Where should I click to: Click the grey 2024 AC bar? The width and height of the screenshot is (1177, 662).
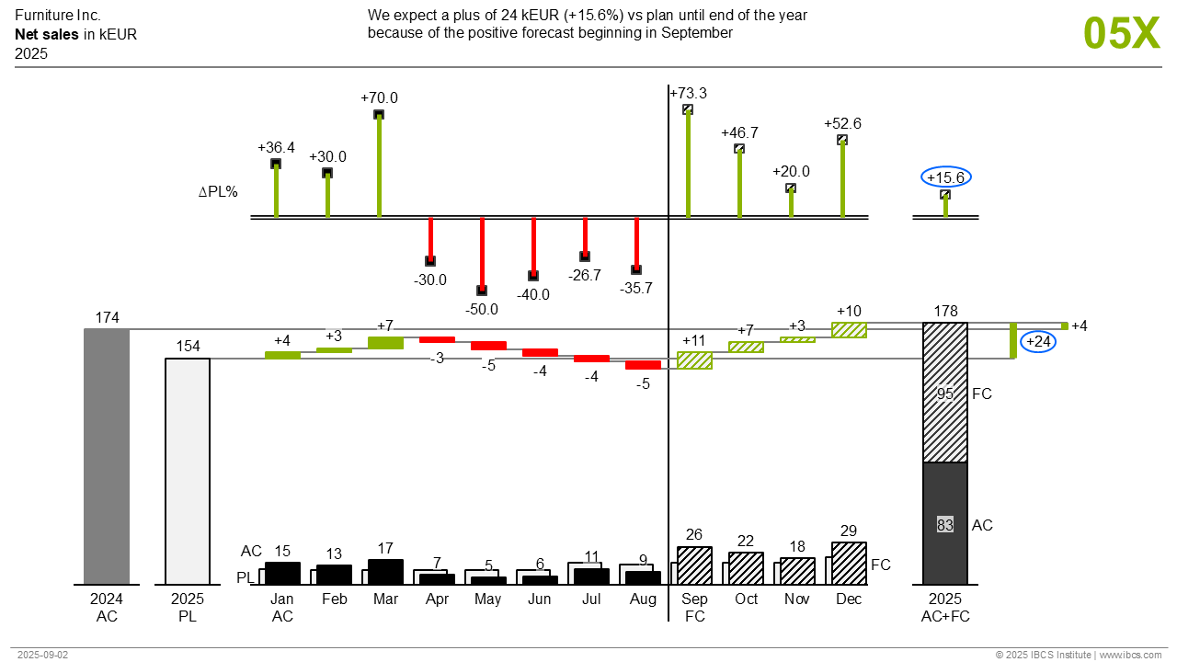(107, 456)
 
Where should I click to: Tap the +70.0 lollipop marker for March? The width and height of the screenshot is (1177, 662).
(379, 115)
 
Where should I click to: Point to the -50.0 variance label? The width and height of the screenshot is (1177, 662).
(482, 310)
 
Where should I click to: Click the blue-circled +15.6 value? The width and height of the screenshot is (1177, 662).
(946, 177)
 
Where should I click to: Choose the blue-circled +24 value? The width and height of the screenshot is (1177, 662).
(1038, 342)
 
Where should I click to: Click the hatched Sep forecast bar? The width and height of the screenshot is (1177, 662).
(694, 565)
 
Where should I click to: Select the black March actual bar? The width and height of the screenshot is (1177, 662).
(385, 572)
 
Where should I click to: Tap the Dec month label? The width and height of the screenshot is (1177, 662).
(849, 599)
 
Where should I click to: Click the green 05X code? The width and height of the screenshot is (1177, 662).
(1122, 33)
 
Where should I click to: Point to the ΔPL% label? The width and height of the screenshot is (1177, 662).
(219, 192)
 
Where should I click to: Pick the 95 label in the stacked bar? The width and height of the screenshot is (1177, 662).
(945, 394)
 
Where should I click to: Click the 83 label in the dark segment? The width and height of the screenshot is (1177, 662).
(945, 525)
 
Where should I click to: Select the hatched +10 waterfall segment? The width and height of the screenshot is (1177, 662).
(849, 329)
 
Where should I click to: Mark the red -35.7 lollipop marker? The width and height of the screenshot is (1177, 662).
(636, 269)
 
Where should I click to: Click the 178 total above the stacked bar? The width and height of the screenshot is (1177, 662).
(945, 312)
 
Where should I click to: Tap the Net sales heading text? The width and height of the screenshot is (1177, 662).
(46, 35)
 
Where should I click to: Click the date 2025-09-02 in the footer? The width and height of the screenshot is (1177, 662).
(43, 655)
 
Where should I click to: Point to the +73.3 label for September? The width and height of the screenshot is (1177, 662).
(689, 94)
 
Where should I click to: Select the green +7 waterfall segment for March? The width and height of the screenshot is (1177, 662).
(385, 342)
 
